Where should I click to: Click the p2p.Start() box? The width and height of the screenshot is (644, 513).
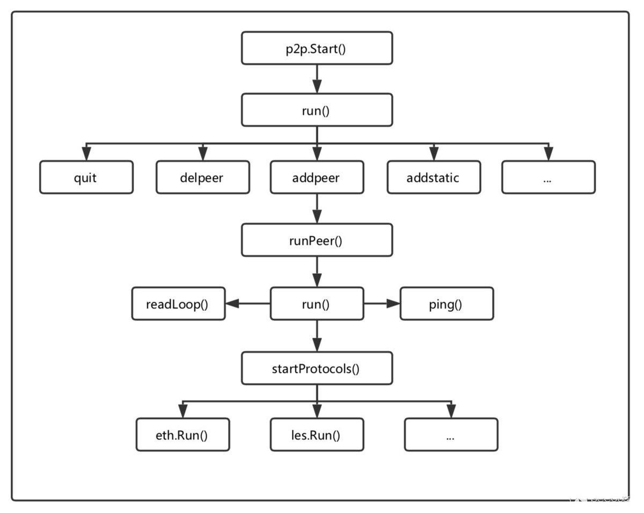point(317,48)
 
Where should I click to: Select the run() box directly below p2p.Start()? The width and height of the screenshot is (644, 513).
point(317,110)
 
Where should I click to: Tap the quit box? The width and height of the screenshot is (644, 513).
point(86,177)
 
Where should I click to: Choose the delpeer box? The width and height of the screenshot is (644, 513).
point(202,177)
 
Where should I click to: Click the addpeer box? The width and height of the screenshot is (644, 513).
point(317,177)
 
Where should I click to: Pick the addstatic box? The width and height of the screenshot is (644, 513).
point(434,177)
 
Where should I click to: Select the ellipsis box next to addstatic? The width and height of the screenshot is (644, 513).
point(548,177)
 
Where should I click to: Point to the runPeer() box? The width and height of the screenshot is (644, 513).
point(317,240)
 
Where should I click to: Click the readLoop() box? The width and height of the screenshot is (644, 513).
point(178,304)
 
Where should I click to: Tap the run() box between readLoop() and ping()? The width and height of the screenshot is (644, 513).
point(317,304)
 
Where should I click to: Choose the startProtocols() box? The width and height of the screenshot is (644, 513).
point(317,368)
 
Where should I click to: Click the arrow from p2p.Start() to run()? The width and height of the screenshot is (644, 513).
point(317,79)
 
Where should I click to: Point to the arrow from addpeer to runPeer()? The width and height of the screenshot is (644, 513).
point(317,209)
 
